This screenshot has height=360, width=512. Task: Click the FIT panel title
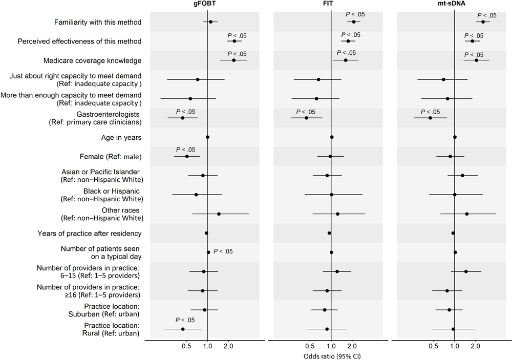331,5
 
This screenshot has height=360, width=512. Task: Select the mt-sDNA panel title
454,5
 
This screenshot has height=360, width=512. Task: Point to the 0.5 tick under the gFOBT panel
186,346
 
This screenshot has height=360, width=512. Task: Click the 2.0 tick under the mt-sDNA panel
476,346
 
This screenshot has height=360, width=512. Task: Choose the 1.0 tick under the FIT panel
331,346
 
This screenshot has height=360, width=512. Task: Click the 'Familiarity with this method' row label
98,22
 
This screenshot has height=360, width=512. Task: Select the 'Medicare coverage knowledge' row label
97,60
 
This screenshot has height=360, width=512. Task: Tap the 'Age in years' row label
121,137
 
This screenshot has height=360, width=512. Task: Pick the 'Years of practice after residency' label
90,234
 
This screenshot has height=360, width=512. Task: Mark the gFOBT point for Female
187,156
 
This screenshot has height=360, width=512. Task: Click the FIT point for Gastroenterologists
306,118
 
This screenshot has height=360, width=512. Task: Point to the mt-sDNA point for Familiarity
483,22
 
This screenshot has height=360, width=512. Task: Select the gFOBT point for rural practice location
183,329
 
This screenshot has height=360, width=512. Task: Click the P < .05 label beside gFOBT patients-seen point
223,251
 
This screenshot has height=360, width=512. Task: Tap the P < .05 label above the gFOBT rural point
185,320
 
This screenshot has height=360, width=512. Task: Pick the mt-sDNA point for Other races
466,214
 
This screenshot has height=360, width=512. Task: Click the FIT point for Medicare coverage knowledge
346,60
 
